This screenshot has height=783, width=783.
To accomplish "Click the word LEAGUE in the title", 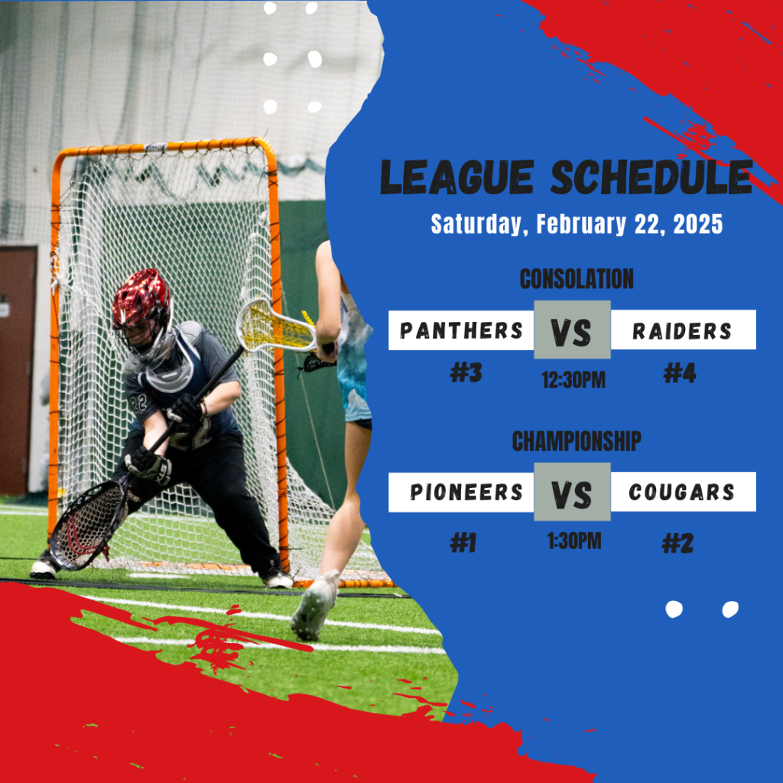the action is [457, 177].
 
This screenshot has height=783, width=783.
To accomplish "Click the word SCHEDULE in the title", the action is [651, 177].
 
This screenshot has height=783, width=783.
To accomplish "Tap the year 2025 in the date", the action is [697, 224].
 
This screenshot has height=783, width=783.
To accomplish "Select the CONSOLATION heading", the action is [577, 278].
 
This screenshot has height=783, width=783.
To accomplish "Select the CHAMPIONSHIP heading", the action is [577, 441].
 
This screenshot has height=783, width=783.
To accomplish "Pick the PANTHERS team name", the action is [461, 330].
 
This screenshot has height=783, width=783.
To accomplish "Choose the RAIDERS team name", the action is [681, 331].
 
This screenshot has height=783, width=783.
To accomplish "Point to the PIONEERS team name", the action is [466, 492].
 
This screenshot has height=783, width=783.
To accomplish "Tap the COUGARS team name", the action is [681, 492].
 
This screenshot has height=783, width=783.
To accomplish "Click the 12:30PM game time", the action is [573, 380].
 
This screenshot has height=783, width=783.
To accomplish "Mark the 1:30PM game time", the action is [574, 541].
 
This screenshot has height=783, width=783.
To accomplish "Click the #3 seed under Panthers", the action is [466, 372].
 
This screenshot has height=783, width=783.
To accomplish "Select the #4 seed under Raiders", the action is [680, 373].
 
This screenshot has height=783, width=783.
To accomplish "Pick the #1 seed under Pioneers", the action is [463, 543].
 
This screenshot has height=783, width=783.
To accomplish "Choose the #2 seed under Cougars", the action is [677, 544].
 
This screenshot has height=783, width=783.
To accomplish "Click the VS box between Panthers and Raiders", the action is [572, 330].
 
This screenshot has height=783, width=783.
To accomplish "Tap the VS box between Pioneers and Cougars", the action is [572, 492].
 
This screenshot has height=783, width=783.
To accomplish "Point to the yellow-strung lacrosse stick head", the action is [275, 325].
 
